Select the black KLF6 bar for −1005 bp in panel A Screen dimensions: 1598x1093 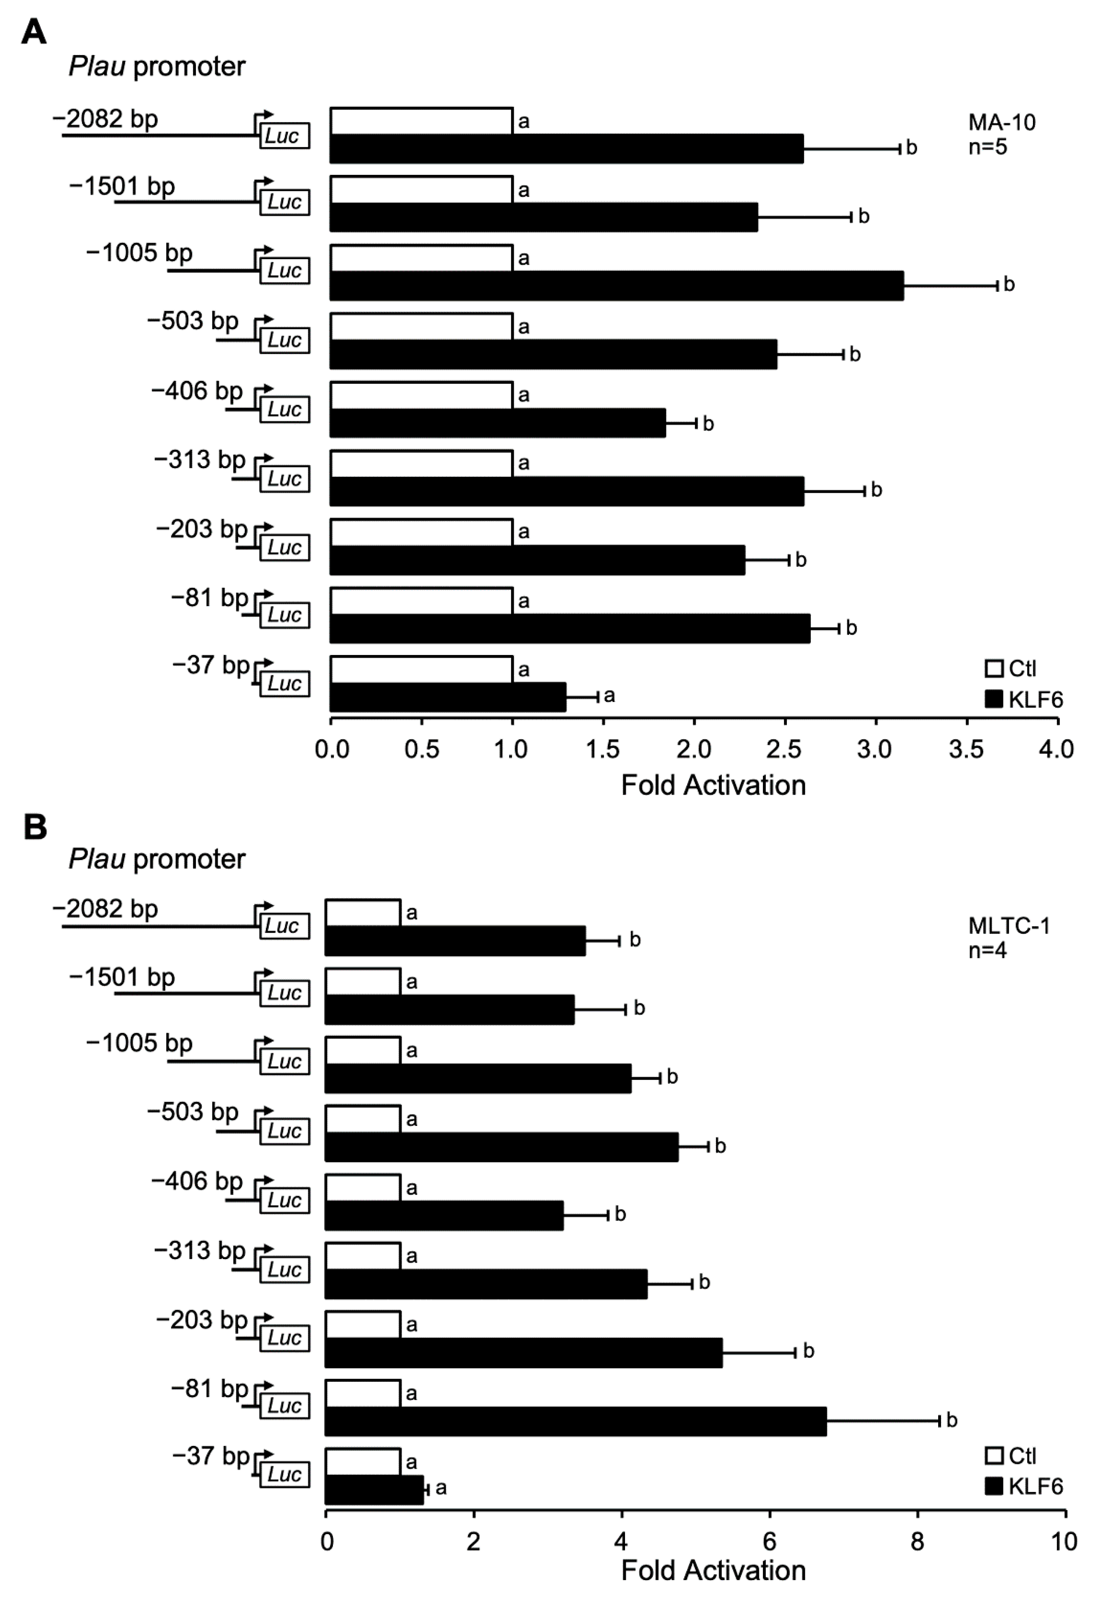[x=617, y=285]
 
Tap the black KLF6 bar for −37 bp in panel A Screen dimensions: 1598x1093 [x=448, y=697]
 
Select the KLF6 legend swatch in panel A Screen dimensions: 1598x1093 [x=994, y=699]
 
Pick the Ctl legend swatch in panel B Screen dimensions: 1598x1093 [x=994, y=1456]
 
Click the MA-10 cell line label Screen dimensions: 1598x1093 [x=1002, y=122]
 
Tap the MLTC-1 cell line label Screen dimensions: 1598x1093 [x=1008, y=926]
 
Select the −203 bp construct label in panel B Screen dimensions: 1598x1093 [x=202, y=1319]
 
